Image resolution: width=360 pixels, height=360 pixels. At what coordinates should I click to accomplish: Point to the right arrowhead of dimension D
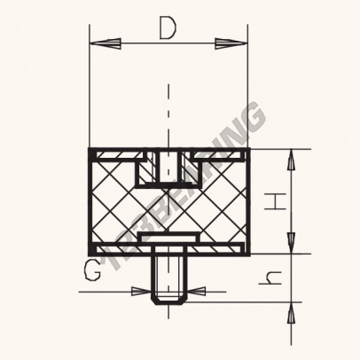[x=237, y=42]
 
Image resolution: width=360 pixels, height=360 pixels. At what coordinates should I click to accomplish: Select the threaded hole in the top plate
[x=166, y=163]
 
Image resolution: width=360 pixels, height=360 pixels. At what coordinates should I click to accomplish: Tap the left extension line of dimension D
[x=90, y=89]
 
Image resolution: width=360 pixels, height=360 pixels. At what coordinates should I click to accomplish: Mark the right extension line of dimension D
[x=246, y=89]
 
